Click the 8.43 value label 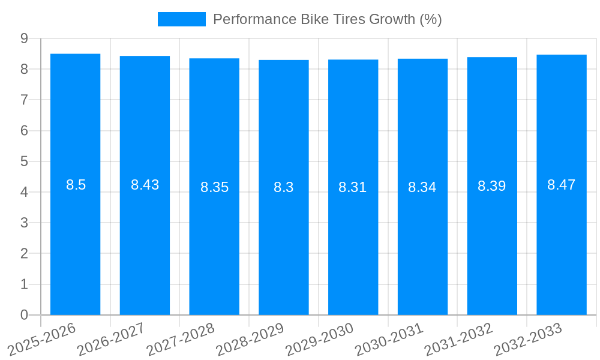click(145, 185)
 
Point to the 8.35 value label click(214, 187)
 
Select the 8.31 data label click(353, 187)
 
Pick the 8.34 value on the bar click(422, 187)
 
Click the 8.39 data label click(492, 186)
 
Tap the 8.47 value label click(562, 185)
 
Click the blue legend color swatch click(181, 19)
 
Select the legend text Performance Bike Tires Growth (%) click(328, 19)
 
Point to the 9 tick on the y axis click(24, 38)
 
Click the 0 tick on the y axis click(24, 315)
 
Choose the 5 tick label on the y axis click(24, 161)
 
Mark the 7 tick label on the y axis click(24, 100)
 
